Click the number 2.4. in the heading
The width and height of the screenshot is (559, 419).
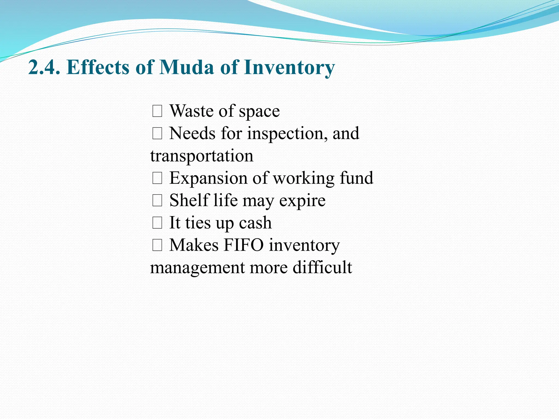(x=44, y=67)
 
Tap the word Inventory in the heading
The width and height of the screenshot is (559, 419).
(x=289, y=68)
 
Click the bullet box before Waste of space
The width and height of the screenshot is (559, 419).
(x=157, y=112)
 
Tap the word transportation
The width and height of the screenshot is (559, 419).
(x=202, y=156)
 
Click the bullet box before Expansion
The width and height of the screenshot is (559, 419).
(x=157, y=179)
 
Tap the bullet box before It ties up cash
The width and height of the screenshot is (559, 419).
(x=157, y=223)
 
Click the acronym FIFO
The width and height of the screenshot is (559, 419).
(x=243, y=245)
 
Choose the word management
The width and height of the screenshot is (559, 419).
(x=197, y=268)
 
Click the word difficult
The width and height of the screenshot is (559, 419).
(x=322, y=267)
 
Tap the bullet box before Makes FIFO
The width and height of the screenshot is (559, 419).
(x=157, y=246)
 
